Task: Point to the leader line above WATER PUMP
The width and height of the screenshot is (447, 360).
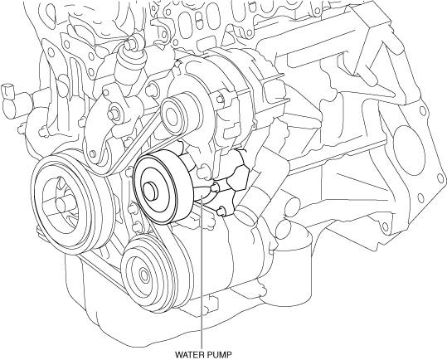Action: (x=202, y=271)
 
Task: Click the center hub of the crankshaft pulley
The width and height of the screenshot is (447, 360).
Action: (x=61, y=203)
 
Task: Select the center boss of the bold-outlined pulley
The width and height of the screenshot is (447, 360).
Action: (x=151, y=191)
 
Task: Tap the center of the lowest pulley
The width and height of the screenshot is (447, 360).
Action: (x=143, y=275)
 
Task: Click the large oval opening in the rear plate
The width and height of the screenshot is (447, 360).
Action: (x=408, y=150)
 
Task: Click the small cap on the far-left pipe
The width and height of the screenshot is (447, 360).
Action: (x=7, y=90)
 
